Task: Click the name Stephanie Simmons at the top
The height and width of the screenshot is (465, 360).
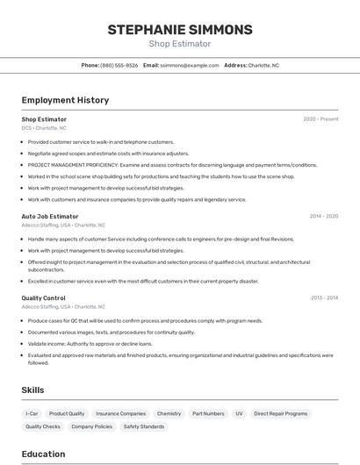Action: (x=180, y=30)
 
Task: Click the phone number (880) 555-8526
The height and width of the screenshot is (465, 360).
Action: (x=119, y=65)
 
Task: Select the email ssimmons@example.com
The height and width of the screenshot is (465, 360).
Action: (x=189, y=65)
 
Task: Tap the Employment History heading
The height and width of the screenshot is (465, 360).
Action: (x=65, y=100)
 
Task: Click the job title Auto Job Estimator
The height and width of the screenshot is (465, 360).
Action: (x=50, y=216)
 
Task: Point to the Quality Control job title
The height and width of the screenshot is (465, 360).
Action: (x=43, y=298)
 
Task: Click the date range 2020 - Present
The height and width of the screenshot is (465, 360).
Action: (x=320, y=119)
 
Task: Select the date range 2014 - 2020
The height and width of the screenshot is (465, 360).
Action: (x=324, y=216)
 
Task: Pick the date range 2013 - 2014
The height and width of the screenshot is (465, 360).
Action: (x=324, y=298)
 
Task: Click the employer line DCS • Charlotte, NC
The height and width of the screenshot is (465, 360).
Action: (x=44, y=128)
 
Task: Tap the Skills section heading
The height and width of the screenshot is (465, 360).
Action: (x=32, y=390)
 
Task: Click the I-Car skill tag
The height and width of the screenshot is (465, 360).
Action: (x=32, y=413)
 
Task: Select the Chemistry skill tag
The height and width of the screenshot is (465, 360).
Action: (x=169, y=413)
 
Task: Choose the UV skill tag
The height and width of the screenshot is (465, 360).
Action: (x=239, y=413)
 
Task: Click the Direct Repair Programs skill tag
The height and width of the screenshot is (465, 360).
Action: (x=281, y=413)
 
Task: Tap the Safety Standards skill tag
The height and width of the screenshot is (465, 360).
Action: (x=144, y=426)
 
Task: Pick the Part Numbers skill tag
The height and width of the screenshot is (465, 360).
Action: (x=208, y=413)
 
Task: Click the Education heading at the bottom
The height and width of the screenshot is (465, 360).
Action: (x=43, y=454)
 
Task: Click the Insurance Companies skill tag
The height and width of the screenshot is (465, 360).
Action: (x=121, y=413)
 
